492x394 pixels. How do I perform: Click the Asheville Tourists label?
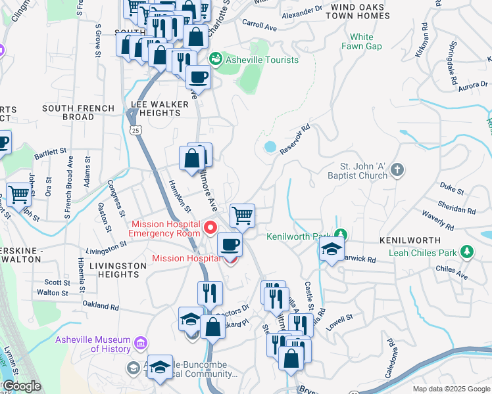(262, 60)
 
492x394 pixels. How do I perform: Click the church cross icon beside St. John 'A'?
(397, 170)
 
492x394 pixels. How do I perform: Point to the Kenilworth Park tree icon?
(340, 235)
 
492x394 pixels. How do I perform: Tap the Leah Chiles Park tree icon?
(466, 252)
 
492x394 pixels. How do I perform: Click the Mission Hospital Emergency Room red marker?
(210, 229)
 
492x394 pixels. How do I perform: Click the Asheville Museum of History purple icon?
(139, 343)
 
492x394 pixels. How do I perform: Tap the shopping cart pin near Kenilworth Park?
(243, 215)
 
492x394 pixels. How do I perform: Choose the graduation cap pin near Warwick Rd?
(332, 248)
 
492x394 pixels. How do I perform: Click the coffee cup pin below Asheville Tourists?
(197, 77)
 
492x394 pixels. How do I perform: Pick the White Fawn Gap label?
(361, 41)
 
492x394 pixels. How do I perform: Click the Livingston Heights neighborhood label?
(118, 271)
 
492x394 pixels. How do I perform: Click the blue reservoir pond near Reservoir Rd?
(270, 146)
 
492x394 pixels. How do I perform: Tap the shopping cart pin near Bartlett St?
(19, 194)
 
